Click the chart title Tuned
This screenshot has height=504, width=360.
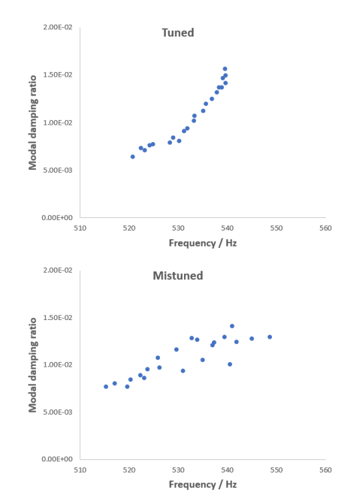tap(177, 33)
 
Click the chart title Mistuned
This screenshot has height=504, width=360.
tap(177, 275)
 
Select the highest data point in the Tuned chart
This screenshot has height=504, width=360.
tap(225, 69)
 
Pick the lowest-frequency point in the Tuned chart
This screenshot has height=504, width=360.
tap(133, 157)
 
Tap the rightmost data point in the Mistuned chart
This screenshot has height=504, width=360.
tap(269, 337)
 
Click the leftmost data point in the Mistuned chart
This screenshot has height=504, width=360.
tap(105, 387)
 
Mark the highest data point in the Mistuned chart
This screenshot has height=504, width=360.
tap(232, 326)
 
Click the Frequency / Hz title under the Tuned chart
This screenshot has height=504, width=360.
tap(202, 243)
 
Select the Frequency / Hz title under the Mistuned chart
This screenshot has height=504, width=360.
tap(202, 485)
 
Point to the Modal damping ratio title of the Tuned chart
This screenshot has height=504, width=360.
tap(32, 123)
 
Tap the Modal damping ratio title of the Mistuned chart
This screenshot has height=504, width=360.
tap(32, 364)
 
